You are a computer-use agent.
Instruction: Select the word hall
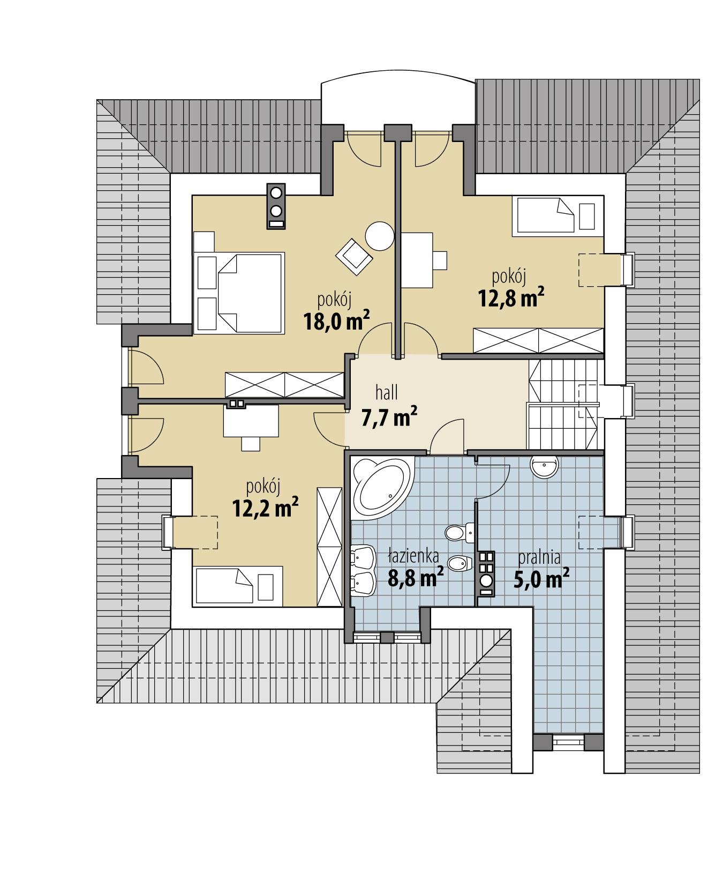point(386,393)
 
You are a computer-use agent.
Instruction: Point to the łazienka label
point(413,556)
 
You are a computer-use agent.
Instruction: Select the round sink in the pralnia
point(545,465)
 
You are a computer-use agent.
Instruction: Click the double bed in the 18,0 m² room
point(239,294)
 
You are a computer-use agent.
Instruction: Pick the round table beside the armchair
point(380,236)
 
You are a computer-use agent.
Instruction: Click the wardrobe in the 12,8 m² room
point(538,340)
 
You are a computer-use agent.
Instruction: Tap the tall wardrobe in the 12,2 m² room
point(329,547)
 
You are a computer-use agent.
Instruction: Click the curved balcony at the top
point(397,102)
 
